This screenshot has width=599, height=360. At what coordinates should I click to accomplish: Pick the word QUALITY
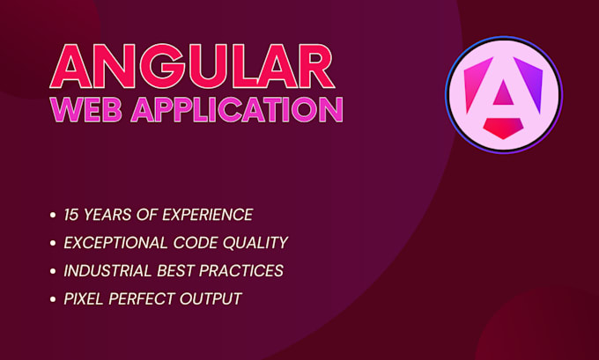point(257,242)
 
